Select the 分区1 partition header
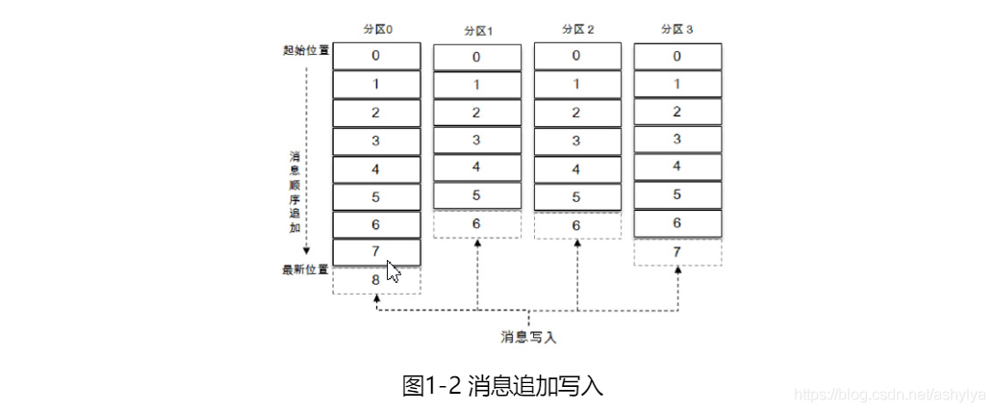pos(477,31)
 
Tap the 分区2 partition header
pos(577,30)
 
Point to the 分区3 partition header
pos(677,30)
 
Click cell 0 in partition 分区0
pos(376,56)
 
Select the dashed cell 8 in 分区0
pos(376,280)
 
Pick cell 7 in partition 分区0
pos(376,252)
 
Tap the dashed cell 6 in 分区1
pos(476,223)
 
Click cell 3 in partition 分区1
pos(476,141)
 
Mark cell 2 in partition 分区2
pos(576,113)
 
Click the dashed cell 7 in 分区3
pos(677,251)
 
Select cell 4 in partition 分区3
pos(677,167)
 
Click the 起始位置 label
pos(300,50)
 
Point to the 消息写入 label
pos(528,337)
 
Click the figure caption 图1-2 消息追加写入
pos(501,386)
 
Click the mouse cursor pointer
pos(392,271)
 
